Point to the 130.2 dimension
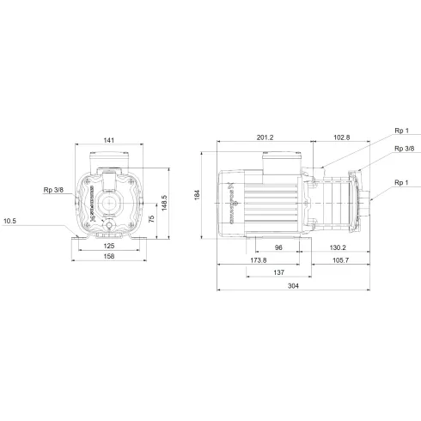[x=336, y=247]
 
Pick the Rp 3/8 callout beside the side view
[x=402, y=149]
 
